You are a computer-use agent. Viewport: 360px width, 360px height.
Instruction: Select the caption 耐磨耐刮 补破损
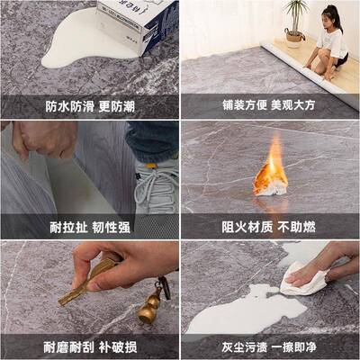coord(90,345)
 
